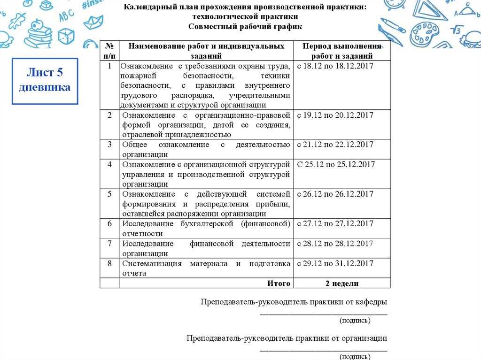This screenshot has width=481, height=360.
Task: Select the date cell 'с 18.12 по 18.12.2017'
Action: (335, 66)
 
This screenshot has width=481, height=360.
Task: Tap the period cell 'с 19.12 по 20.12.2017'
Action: (335, 115)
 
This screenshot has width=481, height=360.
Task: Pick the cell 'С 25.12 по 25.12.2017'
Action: (336, 164)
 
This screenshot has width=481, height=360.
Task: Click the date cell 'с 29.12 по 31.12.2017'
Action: (335, 263)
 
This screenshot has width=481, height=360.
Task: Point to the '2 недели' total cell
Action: (341, 283)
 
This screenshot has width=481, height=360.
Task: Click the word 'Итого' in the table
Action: (279, 283)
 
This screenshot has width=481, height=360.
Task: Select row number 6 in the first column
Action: (109, 223)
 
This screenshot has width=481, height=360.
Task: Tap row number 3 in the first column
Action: (109, 145)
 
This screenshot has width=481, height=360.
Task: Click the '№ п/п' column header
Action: (109, 51)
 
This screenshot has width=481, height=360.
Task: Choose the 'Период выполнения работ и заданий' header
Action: (341, 51)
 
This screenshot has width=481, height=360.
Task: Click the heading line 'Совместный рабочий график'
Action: (245, 26)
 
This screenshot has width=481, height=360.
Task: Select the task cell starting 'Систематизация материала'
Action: (206, 268)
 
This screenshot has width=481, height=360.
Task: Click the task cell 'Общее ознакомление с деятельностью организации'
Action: (206, 149)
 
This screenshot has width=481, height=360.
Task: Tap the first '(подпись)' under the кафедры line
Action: (355, 321)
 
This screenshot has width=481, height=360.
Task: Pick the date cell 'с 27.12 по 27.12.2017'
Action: (335, 223)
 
